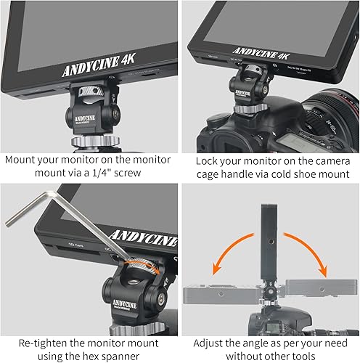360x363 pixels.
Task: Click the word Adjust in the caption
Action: coord(211,340)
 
